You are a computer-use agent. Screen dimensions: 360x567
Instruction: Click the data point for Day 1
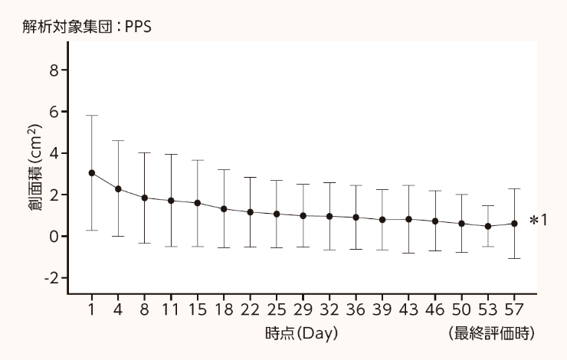coord(92,173)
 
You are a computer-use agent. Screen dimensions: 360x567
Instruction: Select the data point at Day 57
coord(514,224)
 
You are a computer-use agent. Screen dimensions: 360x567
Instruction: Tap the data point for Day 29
coord(303,216)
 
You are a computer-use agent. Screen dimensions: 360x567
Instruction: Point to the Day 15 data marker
coord(198,203)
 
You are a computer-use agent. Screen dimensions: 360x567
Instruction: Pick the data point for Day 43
coord(408,219)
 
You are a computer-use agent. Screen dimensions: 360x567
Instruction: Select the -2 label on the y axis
coord(51,278)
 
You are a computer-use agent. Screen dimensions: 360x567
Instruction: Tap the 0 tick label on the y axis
coord(54,237)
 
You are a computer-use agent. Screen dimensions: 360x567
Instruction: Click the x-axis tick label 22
coord(250,310)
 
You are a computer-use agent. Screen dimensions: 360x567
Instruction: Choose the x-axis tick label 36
coord(356,310)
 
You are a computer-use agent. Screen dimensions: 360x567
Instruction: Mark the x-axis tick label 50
coord(461,310)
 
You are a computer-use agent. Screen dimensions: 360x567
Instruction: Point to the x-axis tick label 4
coord(118,310)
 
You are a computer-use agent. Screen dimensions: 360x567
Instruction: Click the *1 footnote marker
coord(538,221)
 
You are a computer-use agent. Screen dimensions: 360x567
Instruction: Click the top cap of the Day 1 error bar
coord(92,116)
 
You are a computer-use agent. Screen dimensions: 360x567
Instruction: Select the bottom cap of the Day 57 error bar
coord(514,259)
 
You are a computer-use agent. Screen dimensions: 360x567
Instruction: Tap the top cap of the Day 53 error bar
coord(488,206)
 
